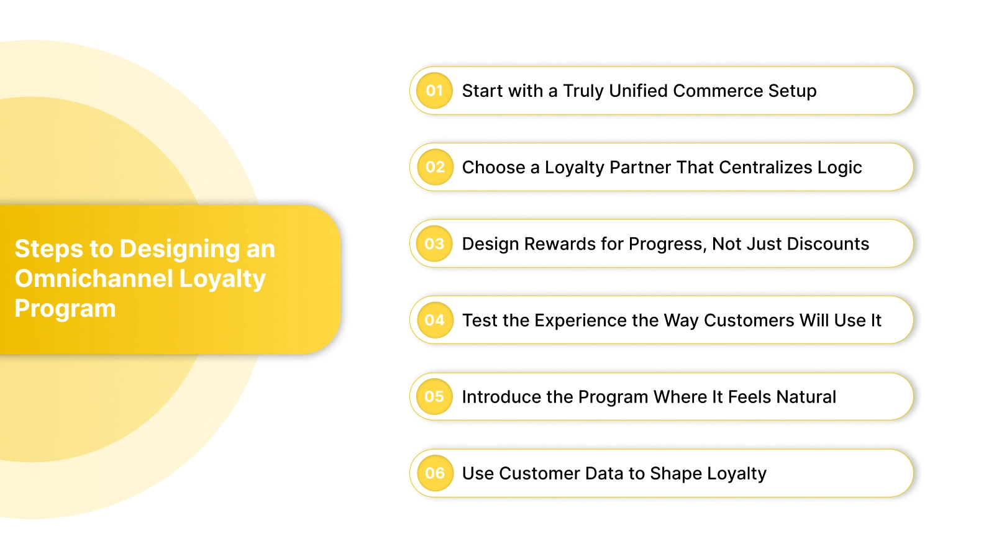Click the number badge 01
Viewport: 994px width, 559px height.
(x=434, y=91)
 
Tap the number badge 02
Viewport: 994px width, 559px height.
(x=434, y=167)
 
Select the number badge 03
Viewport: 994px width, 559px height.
(x=434, y=243)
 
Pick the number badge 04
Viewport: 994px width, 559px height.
(x=434, y=320)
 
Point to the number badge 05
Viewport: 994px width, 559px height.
(x=434, y=396)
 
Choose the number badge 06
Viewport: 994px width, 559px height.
(x=434, y=473)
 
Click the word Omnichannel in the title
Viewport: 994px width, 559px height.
(x=93, y=278)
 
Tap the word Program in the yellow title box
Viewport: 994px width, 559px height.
(x=65, y=309)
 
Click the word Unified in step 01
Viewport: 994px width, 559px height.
(x=638, y=91)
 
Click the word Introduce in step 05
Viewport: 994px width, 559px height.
(x=501, y=396)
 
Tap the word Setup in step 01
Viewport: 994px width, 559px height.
(x=792, y=91)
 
